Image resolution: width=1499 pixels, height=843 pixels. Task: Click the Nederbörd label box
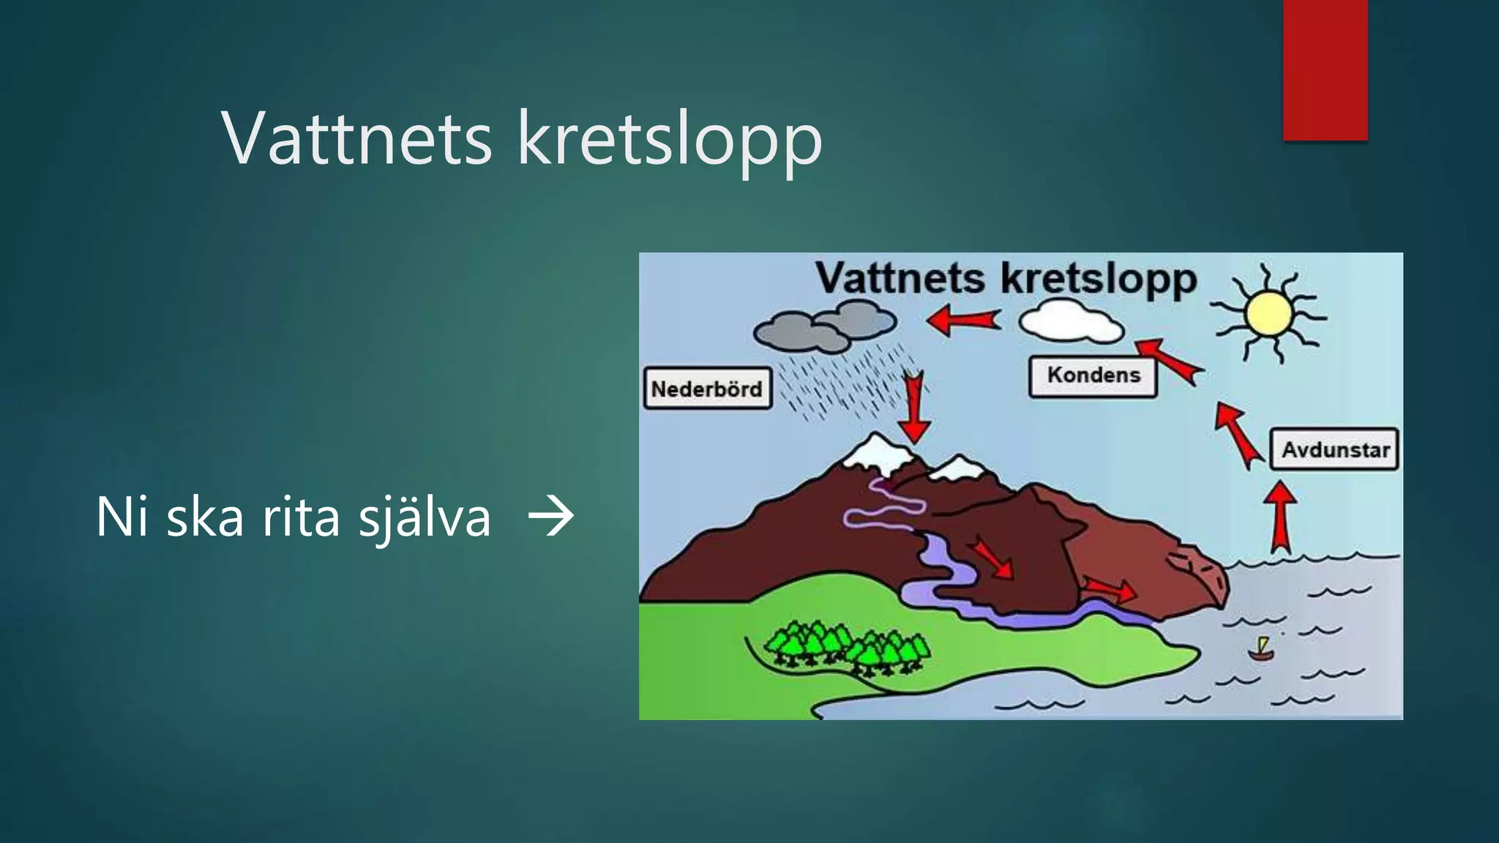coord(707,389)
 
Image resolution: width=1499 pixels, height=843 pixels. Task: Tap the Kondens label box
coord(1093,376)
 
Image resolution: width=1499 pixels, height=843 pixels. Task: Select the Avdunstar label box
coord(1335,449)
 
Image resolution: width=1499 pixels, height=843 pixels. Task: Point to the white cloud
coord(1070,321)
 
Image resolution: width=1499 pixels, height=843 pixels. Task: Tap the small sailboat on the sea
coord(1261,649)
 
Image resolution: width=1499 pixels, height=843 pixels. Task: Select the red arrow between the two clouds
coord(962,320)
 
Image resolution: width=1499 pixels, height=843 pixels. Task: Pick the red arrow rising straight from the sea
coord(1280,516)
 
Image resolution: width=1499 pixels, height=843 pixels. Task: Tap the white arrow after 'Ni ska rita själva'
coord(551,517)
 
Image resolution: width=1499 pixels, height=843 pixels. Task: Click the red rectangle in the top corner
coord(1325,70)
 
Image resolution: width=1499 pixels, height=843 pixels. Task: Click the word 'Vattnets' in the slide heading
coord(356,139)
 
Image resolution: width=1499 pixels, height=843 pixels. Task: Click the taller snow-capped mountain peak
coord(877,449)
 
